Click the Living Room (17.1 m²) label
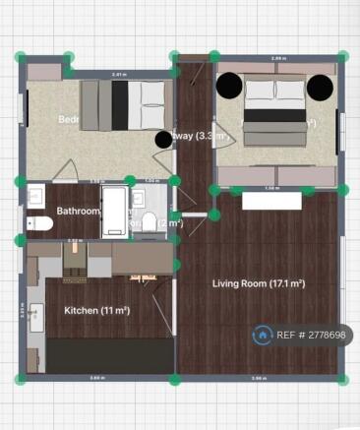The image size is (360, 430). click(259, 284)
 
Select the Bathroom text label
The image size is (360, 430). click(78, 211)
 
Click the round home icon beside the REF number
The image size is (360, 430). click(263, 335)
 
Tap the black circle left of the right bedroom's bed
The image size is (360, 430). click(229, 87)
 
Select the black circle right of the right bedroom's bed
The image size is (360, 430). click(320, 88)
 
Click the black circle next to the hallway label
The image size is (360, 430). click(164, 139)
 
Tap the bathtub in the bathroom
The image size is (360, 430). click(114, 211)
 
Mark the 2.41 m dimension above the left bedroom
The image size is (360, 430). click(119, 75)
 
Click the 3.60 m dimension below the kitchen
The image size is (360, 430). click(95, 378)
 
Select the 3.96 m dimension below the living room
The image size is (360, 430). click(258, 378)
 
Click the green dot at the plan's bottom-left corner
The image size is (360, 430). click(20, 379)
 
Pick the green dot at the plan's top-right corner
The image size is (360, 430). click(343, 57)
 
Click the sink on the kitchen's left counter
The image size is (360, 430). click(37, 319)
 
